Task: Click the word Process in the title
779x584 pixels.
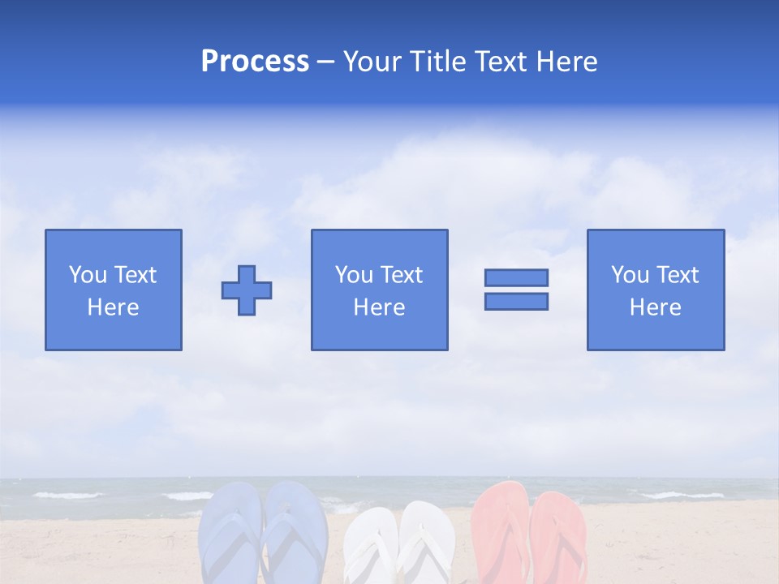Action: point(255,62)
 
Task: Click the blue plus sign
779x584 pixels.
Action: point(247,290)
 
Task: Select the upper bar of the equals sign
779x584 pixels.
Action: point(516,277)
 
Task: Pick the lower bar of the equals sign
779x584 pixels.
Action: point(516,302)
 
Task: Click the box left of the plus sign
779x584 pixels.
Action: point(113,290)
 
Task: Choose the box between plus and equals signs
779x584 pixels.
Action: point(379,290)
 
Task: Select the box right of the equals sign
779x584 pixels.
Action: point(655,290)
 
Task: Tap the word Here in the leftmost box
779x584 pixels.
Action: point(113,307)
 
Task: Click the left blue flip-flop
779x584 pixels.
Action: point(229,535)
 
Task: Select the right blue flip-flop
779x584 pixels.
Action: point(295,531)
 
